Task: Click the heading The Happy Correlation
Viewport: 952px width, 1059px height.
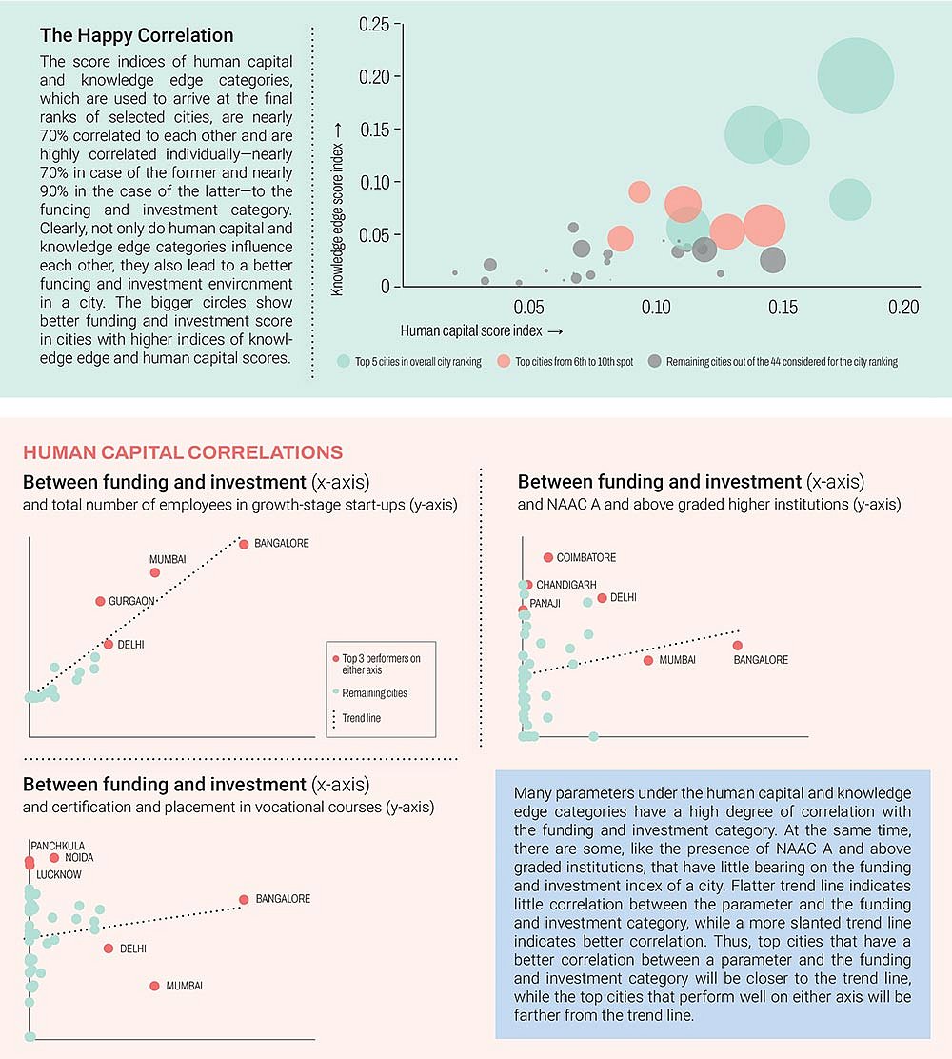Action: pyautogui.click(x=136, y=36)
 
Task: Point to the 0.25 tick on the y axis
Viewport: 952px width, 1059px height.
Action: pyautogui.click(x=374, y=24)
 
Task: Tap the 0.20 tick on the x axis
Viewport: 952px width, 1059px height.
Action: pyautogui.click(x=903, y=307)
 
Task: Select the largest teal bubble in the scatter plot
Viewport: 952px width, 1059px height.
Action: pyautogui.click(x=856, y=76)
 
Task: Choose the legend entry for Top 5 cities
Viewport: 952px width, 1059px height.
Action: pyautogui.click(x=418, y=362)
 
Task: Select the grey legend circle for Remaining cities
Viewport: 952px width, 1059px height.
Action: pyautogui.click(x=654, y=362)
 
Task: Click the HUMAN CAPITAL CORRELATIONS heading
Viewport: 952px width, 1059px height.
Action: pyautogui.click(x=183, y=451)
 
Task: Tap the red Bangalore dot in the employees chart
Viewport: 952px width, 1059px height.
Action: pyautogui.click(x=244, y=544)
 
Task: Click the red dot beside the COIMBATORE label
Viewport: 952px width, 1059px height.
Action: pyautogui.click(x=548, y=557)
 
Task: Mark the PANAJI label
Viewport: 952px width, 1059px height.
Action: pyautogui.click(x=545, y=604)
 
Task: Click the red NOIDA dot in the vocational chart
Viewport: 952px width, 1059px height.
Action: pyautogui.click(x=54, y=858)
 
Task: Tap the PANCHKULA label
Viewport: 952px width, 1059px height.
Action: pyautogui.click(x=57, y=845)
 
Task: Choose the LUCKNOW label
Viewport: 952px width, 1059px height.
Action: pyautogui.click(x=59, y=874)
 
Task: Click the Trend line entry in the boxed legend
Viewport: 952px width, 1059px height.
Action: pyautogui.click(x=362, y=717)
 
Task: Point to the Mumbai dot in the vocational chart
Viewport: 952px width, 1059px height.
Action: pyautogui.click(x=154, y=986)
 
